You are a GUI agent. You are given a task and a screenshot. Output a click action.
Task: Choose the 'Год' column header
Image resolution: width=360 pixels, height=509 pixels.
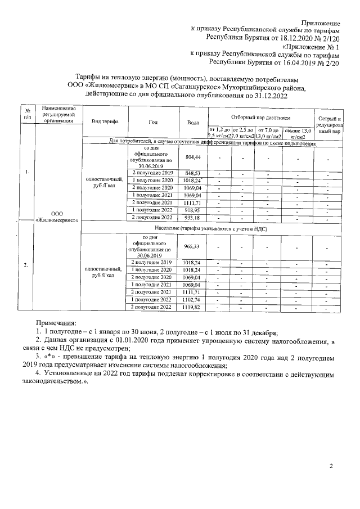point(153,121)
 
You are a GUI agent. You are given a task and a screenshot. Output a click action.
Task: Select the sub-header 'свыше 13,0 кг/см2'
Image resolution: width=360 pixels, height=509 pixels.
point(298,133)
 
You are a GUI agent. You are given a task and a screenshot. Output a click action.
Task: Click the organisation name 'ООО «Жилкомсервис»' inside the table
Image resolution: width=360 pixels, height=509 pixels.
point(57,217)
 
